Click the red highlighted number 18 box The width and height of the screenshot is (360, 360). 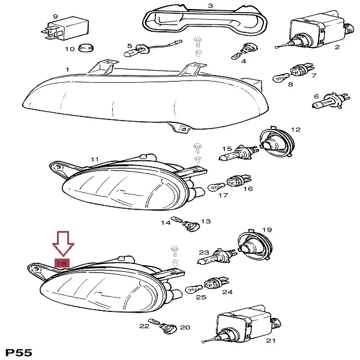(x=62, y=263)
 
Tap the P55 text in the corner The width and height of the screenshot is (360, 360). (x=19, y=352)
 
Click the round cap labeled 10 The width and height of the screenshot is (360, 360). (x=86, y=47)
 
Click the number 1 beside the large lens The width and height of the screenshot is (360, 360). (x=67, y=70)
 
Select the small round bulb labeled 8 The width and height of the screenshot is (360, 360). (x=281, y=78)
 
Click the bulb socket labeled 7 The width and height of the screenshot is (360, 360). (x=302, y=70)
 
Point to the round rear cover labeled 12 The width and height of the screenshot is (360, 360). (x=277, y=141)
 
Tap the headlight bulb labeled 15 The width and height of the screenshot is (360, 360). (x=238, y=153)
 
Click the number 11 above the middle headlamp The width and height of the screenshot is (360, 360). (x=95, y=159)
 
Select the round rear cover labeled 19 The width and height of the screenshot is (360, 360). (x=255, y=245)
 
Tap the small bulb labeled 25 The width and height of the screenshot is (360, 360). (x=194, y=289)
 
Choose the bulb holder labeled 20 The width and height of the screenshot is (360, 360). (x=168, y=328)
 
